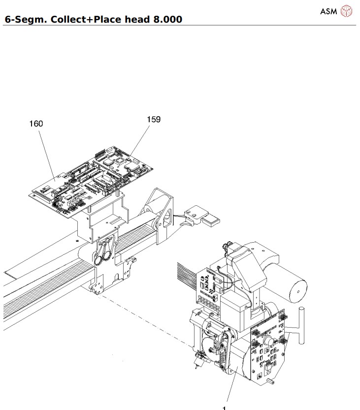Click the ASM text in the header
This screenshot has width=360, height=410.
[x=328, y=11]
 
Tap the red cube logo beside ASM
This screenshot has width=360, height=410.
[x=347, y=11]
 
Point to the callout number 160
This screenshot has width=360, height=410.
[x=35, y=124]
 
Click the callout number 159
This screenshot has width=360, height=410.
[x=154, y=119]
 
